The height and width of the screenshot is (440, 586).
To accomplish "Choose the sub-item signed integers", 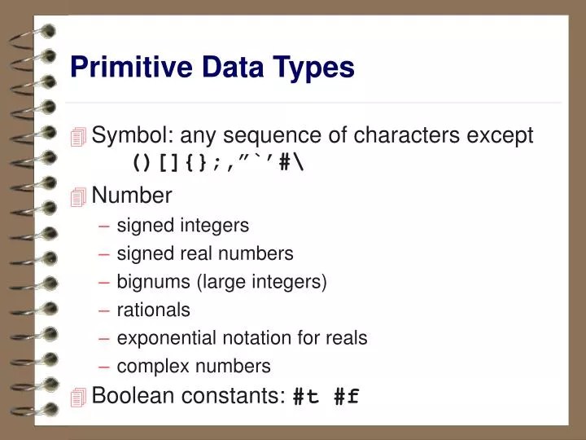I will [183, 225].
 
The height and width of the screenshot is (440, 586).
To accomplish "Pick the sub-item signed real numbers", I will [205, 253].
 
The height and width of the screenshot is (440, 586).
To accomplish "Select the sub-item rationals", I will [154, 310].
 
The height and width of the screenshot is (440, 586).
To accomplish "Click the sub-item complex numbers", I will [194, 367].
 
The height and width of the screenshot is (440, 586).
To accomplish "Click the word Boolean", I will [130, 396].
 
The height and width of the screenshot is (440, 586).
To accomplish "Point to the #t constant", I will [307, 397].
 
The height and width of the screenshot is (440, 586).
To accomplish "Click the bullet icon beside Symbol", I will [78, 137].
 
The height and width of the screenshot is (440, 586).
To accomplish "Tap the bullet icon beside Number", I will [78, 197].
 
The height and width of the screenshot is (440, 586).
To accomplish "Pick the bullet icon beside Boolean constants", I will [78, 398].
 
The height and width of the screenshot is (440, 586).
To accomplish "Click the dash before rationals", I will [106, 310].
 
